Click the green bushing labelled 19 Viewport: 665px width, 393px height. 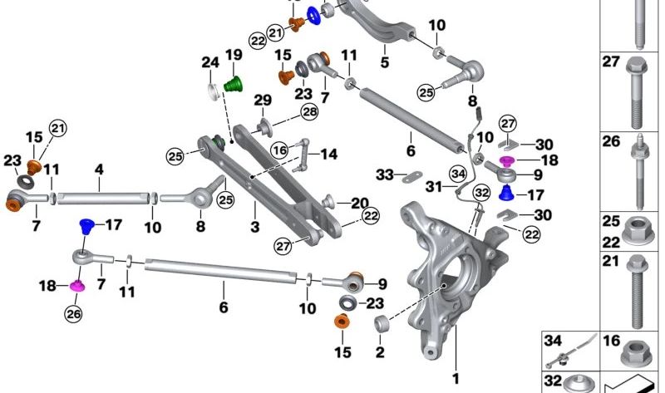(x=234, y=84)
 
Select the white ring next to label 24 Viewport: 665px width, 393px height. (x=214, y=92)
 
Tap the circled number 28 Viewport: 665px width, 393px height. (x=309, y=112)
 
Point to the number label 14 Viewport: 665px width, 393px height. (x=328, y=154)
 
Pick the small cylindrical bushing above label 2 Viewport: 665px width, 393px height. (x=382, y=323)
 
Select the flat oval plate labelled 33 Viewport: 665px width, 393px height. (x=411, y=177)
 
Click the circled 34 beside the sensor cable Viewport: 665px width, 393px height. (x=459, y=174)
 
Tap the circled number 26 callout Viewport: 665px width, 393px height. (x=73, y=314)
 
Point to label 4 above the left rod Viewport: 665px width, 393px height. (x=99, y=169)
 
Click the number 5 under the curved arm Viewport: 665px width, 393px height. (x=385, y=61)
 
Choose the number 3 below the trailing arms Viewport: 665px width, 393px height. (x=254, y=226)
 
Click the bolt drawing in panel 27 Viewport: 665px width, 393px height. (x=635, y=92)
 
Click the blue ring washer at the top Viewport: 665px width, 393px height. (x=314, y=16)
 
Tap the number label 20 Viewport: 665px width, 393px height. (x=360, y=203)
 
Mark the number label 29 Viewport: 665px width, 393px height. (x=263, y=101)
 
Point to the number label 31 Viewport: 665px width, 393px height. (x=434, y=187)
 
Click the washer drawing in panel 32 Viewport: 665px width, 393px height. (x=579, y=384)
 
